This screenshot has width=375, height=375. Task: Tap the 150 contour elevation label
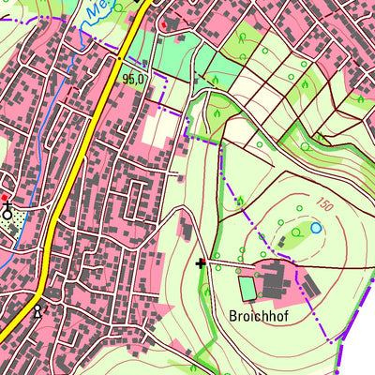point(324,205)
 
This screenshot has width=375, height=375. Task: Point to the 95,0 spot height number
point(133,80)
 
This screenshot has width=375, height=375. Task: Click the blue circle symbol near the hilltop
point(316,228)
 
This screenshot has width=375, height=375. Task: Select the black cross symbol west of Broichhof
point(201,263)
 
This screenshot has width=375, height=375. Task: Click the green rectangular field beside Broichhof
point(247,288)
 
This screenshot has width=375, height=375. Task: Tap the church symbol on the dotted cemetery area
point(8,211)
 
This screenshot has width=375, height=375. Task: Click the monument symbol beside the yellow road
point(38,310)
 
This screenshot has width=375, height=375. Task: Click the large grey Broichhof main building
point(273,277)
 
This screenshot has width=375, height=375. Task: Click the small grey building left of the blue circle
point(278,240)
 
